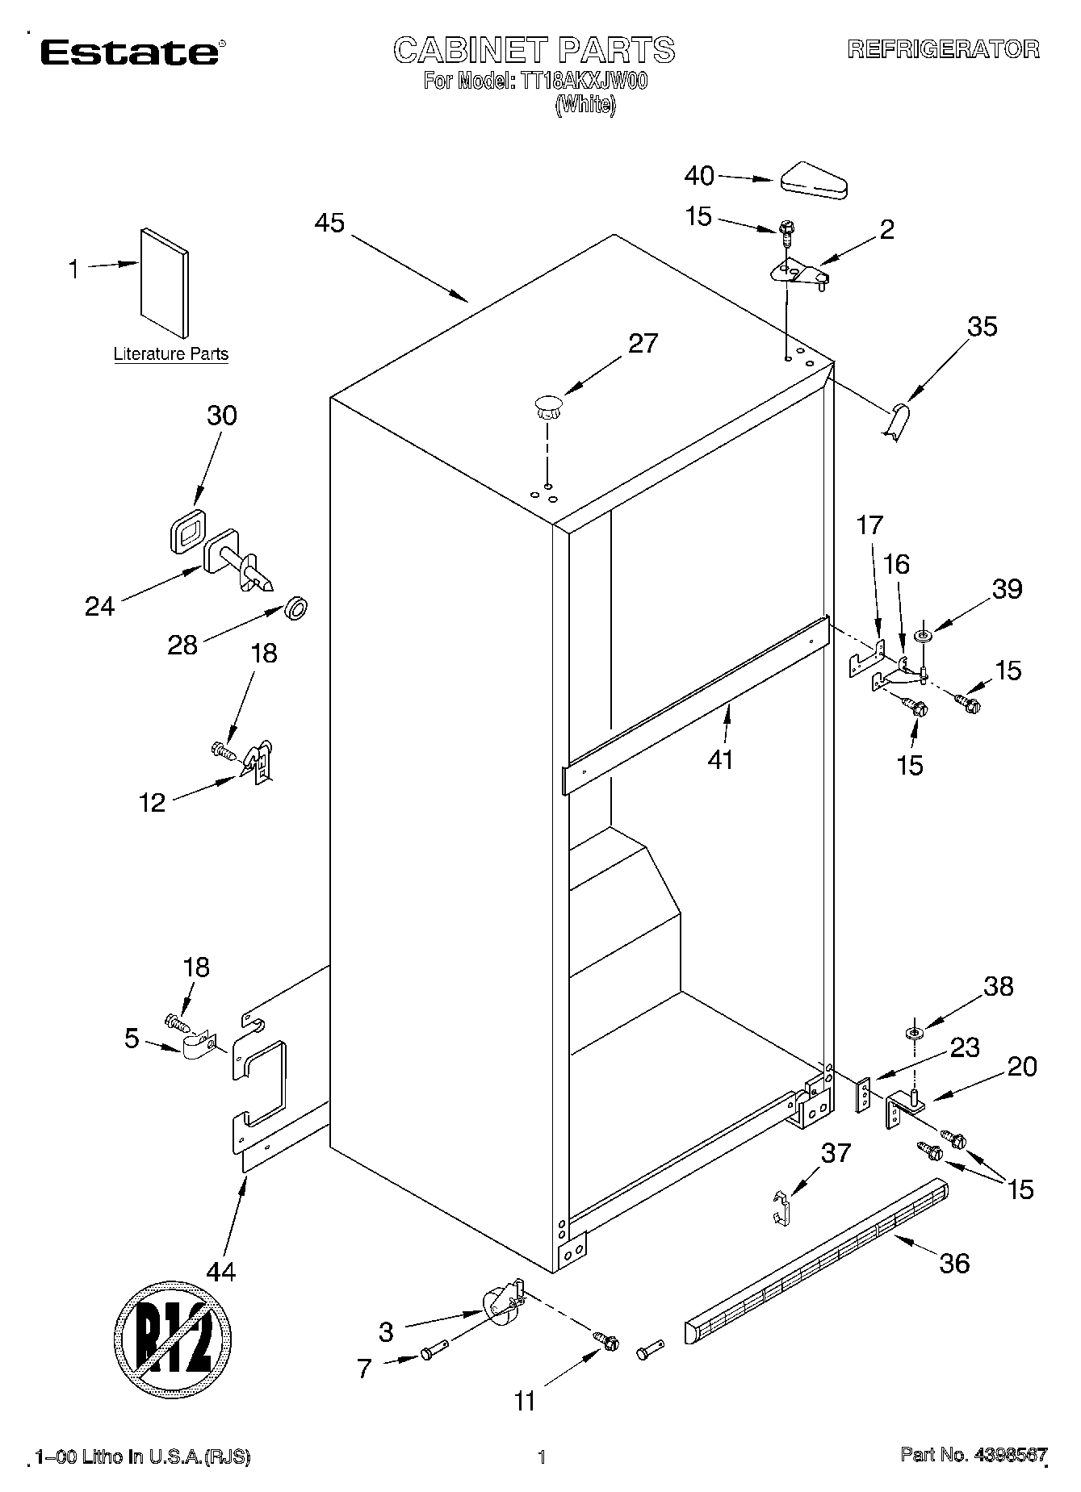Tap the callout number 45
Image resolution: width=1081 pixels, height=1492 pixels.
coord(329,223)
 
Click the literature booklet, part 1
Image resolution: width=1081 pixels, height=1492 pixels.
coord(166,282)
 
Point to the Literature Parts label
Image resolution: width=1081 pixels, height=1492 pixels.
coord(170,354)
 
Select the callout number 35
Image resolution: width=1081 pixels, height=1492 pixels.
coord(982,326)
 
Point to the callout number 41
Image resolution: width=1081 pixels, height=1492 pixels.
coord(719,759)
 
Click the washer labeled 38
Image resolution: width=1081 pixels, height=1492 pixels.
coord(914,1034)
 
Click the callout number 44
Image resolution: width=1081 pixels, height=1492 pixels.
coord(220,1273)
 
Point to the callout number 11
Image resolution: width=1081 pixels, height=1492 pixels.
coord(525,1402)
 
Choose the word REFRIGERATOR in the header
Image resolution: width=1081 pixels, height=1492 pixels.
coord(942,49)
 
